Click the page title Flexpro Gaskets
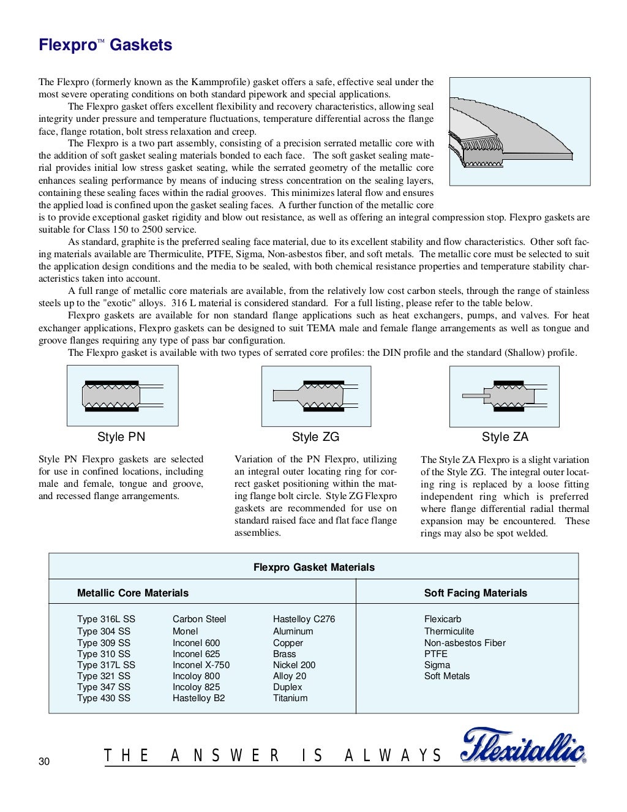(105, 45)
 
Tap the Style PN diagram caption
(121, 437)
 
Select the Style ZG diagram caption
(315, 437)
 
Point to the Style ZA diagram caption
(505, 437)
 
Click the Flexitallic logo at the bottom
(523, 746)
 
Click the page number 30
(44, 761)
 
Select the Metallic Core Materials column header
(133, 593)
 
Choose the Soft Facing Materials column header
(475, 593)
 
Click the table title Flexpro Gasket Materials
(313, 567)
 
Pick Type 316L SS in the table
(106, 619)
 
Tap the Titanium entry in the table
(290, 698)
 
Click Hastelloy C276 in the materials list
(304, 619)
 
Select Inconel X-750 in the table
(201, 665)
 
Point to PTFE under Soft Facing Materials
(436, 654)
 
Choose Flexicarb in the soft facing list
(443, 619)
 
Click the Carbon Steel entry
(199, 619)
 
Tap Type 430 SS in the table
(103, 698)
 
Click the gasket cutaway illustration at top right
(520, 131)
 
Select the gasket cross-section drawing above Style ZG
(316, 396)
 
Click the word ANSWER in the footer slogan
(225, 756)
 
